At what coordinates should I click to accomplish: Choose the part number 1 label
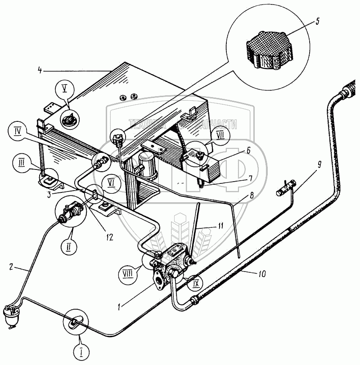click(118, 307)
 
